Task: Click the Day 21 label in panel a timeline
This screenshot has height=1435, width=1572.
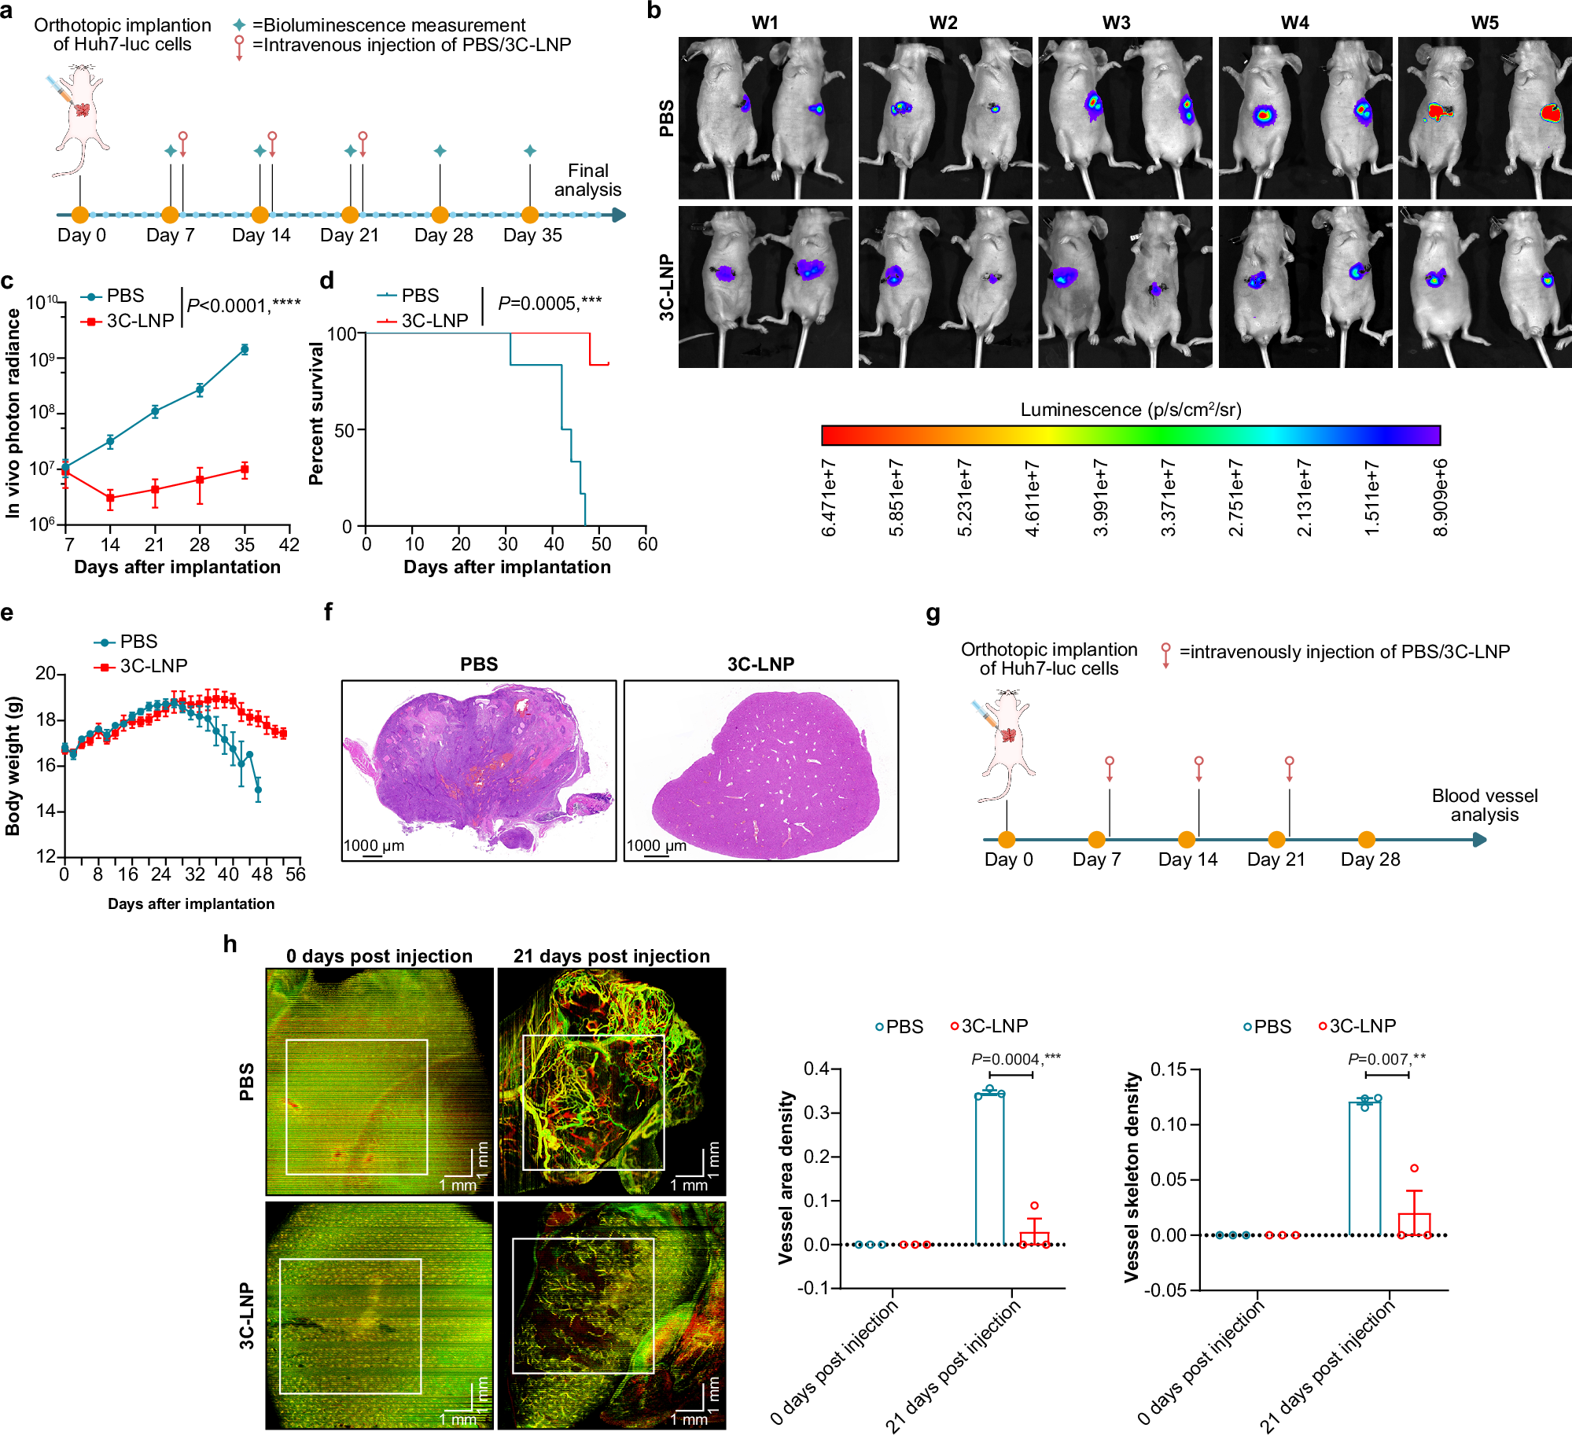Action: [x=349, y=235]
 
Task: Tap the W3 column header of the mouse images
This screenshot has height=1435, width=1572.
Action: [x=1116, y=23]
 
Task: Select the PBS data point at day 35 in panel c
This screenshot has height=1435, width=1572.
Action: [x=245, y=349]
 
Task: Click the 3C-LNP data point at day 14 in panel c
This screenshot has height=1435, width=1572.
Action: [x=110, y=498]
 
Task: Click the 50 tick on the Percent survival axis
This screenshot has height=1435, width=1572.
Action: [x=344, y=430]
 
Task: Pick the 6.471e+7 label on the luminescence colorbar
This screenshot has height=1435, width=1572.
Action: [x=829, y=498]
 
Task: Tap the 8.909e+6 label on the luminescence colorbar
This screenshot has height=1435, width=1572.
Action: [x=1440, y=498]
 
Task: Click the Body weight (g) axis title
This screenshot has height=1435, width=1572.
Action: [x=13, y=766]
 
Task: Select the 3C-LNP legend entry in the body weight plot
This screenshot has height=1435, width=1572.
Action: [x=153, y=666]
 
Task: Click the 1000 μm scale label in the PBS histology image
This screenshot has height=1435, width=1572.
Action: [x=374, y=845]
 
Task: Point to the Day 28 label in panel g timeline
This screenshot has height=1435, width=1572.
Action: [x=1370, y=859]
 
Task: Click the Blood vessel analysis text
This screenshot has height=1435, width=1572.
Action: [x=1484, y=805]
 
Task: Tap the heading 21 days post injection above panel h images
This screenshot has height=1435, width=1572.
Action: [x=611, y=956]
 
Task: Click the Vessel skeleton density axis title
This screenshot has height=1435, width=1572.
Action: [x=1132, y=1178]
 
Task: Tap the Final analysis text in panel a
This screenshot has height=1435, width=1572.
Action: [x=587, y=180]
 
